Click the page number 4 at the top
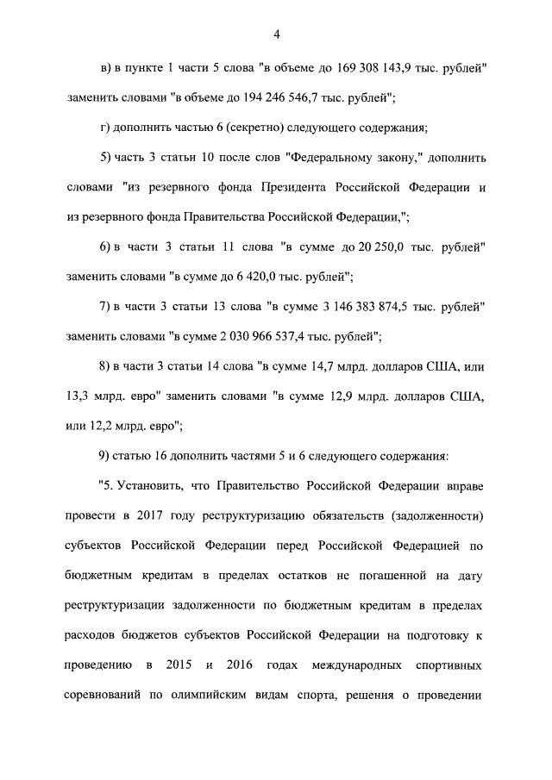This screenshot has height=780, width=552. (x=277, y=34)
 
